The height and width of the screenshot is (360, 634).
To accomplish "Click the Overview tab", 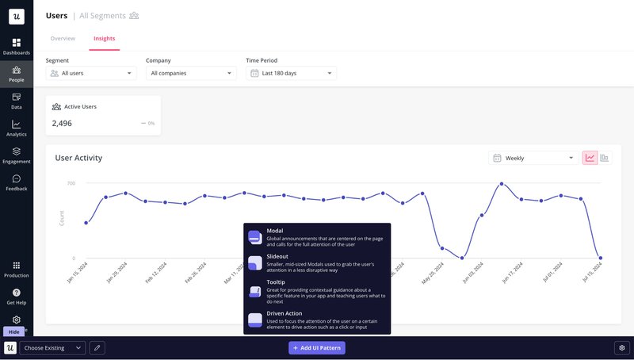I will pyautogui.click(x=63, y=38).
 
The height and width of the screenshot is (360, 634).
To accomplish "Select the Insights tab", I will pyautogui.click(x=104, y=38).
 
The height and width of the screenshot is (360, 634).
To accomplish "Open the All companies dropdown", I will pyautogui.click(x=191, y=73).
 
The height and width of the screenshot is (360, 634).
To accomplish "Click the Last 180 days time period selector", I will pyautogui.click(x=291, y=73).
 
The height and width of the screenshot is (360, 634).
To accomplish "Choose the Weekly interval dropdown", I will pyautogui.click(x=533, y=158).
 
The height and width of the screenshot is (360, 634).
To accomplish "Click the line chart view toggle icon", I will pyautogui.click(x=590, y=158).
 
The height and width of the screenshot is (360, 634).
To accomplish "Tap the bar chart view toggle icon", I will pyautogui.click(x=605, y=158).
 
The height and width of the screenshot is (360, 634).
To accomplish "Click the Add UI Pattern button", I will pyautogui.click(x=317, y=347).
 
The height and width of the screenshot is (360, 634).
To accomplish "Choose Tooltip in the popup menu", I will pyautogui.click(x=316, y=291).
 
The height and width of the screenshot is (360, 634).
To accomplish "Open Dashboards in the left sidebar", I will pyautogui.click(x=16, y=46).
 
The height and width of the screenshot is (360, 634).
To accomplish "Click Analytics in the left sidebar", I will pyautogui.click(x=16, y=128).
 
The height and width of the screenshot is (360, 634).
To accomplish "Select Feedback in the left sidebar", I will pyautogui.click(x=16, y=182).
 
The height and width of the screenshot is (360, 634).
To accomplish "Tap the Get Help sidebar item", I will pyautogui.click(x=16, y=297).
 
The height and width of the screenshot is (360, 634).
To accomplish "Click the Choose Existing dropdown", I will pyautogui.click(x=52, y=347).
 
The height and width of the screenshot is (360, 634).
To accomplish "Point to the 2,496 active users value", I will pyautogui.click(x=62, y=124).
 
